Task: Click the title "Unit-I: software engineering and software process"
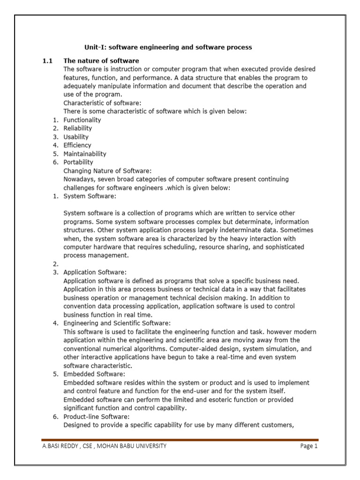(x=168, y=47)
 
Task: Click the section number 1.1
(x=47, y=61)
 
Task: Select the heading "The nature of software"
(x=101, y=61)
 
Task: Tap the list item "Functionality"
(x=82, y=120)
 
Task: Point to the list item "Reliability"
(x=78, y=128)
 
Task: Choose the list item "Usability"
(x=76, y=137)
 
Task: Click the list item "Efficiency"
(x=77, y=145)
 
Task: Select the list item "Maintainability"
(x=85, y=154)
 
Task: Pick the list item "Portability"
(x=78, y=162)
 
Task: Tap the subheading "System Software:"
(x=89, y=196)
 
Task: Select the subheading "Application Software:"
(x=95, y=272)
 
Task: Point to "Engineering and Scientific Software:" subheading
(x=117, y=323)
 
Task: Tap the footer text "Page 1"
(x=309, y=446)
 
